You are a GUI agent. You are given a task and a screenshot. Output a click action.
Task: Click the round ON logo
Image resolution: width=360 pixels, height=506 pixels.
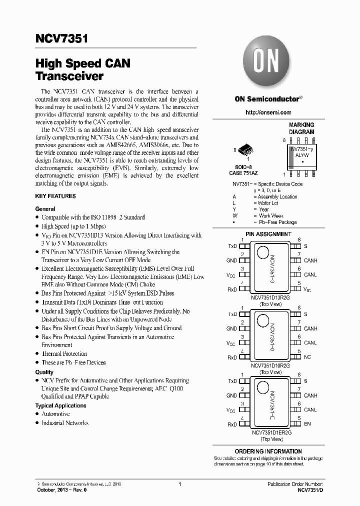click(x=267, y=62)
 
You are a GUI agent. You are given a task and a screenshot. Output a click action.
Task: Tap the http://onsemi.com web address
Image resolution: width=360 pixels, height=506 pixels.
click(x=268, y=112)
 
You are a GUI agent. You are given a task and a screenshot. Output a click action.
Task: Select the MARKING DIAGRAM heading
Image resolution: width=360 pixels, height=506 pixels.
click(x=301, y=128)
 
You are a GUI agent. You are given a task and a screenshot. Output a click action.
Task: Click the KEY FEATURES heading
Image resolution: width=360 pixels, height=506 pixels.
click(x=55, y=196)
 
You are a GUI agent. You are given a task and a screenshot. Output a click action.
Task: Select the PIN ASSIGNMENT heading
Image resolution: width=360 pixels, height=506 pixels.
click(x=268, y=234)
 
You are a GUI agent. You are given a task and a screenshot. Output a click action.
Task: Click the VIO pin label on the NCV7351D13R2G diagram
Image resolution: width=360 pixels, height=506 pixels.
click(x=307, y=290)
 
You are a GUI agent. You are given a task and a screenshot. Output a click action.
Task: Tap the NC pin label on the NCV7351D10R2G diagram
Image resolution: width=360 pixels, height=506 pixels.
click(x=307, y=357)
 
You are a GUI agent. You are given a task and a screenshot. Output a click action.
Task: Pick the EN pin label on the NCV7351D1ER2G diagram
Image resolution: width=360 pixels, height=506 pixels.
click(x=307, y=424)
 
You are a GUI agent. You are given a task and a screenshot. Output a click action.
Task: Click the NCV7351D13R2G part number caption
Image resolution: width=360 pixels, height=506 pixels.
click(x=271, y=297)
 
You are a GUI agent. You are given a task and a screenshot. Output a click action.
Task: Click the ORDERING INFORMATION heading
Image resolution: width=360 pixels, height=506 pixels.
click(x=268, y=451)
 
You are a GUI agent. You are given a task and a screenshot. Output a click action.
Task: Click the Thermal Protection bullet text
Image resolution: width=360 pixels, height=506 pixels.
click(x=64, y=353)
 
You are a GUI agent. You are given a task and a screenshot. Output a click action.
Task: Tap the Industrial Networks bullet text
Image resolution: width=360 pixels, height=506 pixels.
click(x=64, y=423)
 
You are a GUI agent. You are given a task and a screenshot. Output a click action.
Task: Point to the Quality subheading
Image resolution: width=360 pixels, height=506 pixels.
click(x=44, y=372)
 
